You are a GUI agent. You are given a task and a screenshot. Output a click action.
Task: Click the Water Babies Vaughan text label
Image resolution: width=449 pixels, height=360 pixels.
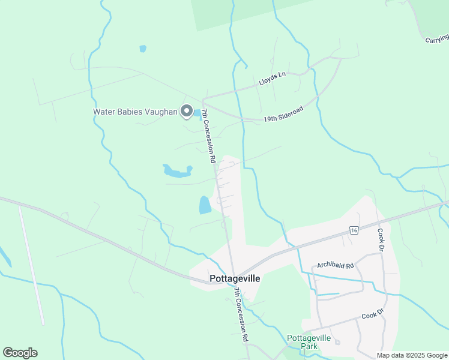(x=136, y=112)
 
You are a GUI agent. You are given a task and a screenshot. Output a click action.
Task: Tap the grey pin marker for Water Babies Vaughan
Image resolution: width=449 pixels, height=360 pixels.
(x=187, y=112)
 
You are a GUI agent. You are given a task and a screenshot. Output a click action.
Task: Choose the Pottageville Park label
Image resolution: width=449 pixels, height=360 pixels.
(x=309, y=342)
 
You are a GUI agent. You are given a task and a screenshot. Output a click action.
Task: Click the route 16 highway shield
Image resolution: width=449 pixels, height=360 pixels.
(x=355, y=230)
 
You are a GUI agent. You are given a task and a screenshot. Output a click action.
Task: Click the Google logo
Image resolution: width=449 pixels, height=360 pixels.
(x=20, y=353)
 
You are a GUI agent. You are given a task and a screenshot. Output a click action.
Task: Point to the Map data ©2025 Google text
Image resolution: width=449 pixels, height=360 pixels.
(x=412, y=355)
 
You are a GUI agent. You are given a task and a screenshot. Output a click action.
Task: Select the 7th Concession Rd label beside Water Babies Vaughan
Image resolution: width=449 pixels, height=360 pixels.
(x=208, y=137)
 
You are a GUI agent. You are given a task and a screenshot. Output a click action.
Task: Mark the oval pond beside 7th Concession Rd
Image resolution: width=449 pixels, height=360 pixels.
(x=205, y=205)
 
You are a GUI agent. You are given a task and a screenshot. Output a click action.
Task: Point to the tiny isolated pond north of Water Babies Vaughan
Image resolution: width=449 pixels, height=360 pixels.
(x=142, y=49)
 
